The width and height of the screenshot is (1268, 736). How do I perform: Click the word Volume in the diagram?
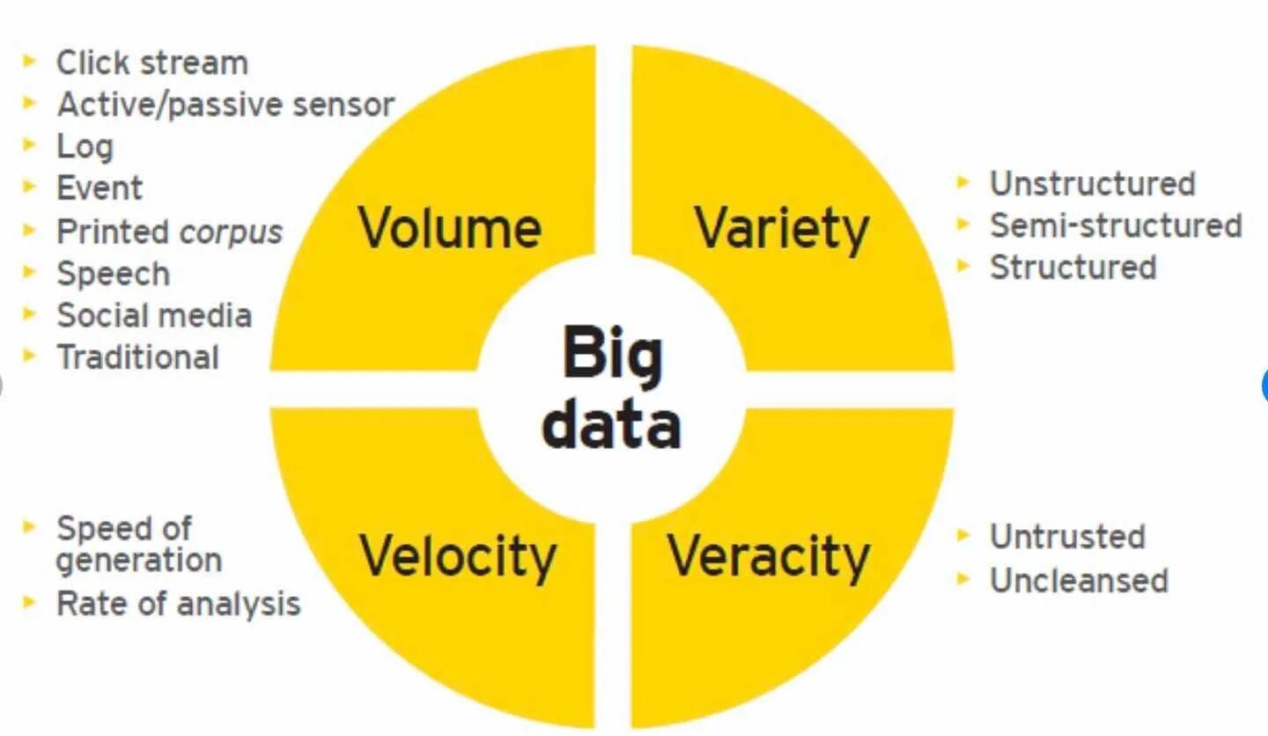click(x=449, y=228)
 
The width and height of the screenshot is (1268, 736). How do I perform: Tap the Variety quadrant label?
click(x=782, y=228)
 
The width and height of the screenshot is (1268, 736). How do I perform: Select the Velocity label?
click(x=458, y=556)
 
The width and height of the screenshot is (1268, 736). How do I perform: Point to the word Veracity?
click(x=769, y=556)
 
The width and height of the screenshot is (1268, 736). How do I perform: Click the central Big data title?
click(x=611, y=388)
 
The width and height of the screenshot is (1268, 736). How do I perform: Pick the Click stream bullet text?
click(x=152, y=63)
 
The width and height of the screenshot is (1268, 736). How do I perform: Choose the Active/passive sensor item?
click(x=225, y=105)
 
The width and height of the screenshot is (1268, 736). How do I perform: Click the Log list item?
click(x=85, y=147)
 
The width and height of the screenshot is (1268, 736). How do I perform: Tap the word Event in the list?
click(x=100, y=188)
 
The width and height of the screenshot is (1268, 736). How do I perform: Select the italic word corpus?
click(x=232, y=232)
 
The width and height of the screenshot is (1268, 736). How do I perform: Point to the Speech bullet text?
click(x=113, y=274)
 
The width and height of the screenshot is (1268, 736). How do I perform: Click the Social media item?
click(x=154, y=315)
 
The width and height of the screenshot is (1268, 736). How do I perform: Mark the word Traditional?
click(x=137, y=357)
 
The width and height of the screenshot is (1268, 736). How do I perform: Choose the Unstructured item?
click(x=1092, y=184)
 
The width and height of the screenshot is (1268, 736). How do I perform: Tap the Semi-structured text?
click(x=1116, y=225)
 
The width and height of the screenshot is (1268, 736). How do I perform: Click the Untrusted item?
click(x=1067, y=537)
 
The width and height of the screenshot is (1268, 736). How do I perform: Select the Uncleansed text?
click(x=1079, y=580)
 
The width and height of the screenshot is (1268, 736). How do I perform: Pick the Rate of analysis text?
click(x=178, y=604)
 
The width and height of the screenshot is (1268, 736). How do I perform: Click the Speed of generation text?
click(x=138, y=544)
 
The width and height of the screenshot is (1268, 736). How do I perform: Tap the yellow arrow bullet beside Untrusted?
click(x=964, y=535)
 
